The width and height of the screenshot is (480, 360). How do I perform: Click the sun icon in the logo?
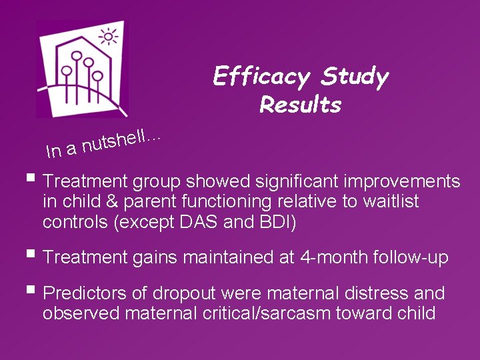(x=108, y=37)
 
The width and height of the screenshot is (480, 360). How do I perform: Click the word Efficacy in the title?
(x=261, y=78)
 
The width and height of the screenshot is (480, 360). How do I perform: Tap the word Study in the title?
(x=354, y=78)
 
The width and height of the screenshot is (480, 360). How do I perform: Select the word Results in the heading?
(x=301, y=105)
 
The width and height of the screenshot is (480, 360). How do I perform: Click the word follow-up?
(x=415, y=257)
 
